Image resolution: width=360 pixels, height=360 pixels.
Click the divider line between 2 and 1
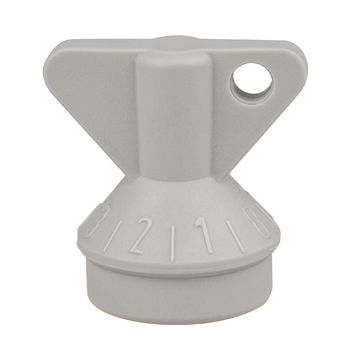point(172,244)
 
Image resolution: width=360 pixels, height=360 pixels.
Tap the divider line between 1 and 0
point(233,236)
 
